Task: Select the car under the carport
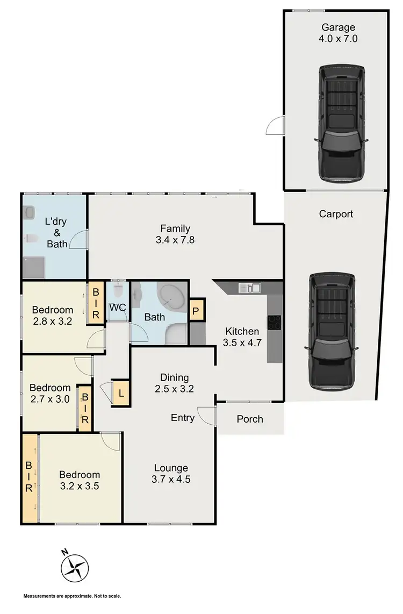[332, 332]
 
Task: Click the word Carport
[336, 214]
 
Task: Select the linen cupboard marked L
[121, 393]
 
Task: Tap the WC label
[118, 308]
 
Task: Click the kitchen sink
[249, 288]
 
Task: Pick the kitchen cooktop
[274, 322]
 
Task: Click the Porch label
[250, 418]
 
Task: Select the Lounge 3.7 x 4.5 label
[171, 474]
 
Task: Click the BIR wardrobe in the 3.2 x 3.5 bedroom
[29, 479]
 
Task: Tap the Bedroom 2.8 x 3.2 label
[52, 316]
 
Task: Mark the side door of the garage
[274, 127]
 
